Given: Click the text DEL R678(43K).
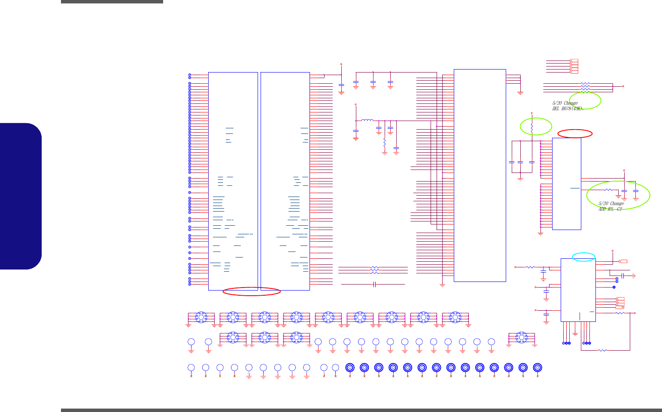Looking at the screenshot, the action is [568, 109].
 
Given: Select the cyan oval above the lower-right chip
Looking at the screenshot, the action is [584, 257].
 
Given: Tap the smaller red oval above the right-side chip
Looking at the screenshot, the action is [575, 133].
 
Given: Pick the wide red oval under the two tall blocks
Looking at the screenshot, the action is [252, 292].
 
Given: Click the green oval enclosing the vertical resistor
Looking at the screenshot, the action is [536, 126].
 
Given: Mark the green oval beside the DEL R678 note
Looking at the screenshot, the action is [585, 101].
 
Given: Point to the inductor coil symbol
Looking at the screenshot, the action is [367, 121].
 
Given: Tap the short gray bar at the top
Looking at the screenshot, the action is [112, 2].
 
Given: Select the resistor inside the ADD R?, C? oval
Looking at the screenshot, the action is [608, 190].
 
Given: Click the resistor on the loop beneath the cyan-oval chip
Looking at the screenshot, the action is [603, 350].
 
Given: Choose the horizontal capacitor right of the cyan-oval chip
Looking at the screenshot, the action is [622, 275].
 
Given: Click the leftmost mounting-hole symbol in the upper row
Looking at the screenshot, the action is [201, 318].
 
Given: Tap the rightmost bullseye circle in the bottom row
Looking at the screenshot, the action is [537, 367].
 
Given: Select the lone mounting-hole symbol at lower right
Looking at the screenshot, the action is [521, 337].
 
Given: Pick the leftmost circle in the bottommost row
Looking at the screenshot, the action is [191, 367].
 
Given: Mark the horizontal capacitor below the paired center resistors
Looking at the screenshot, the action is [375, 284].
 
